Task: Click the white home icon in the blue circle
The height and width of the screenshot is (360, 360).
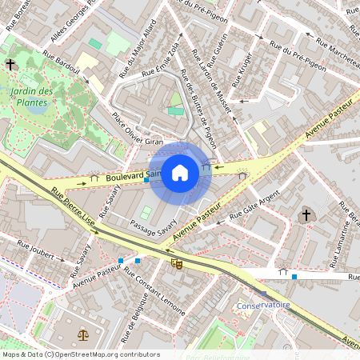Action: point(180,172)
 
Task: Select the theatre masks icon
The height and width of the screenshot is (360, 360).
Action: point(176,262)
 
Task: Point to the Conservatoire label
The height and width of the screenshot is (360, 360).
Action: point(263,306)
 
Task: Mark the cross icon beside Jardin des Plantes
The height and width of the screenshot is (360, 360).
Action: point(10,64)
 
